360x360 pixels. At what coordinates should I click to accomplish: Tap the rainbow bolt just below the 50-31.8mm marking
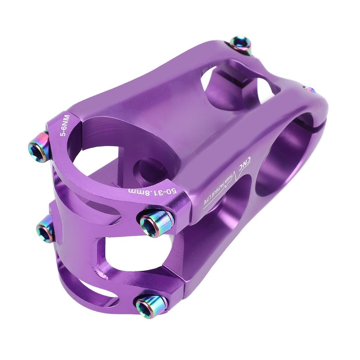[x=156, y=221]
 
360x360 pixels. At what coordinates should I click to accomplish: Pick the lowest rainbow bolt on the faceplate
[x=150, y=305]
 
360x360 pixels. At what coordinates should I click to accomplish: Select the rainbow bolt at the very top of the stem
[x=241, y=44]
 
